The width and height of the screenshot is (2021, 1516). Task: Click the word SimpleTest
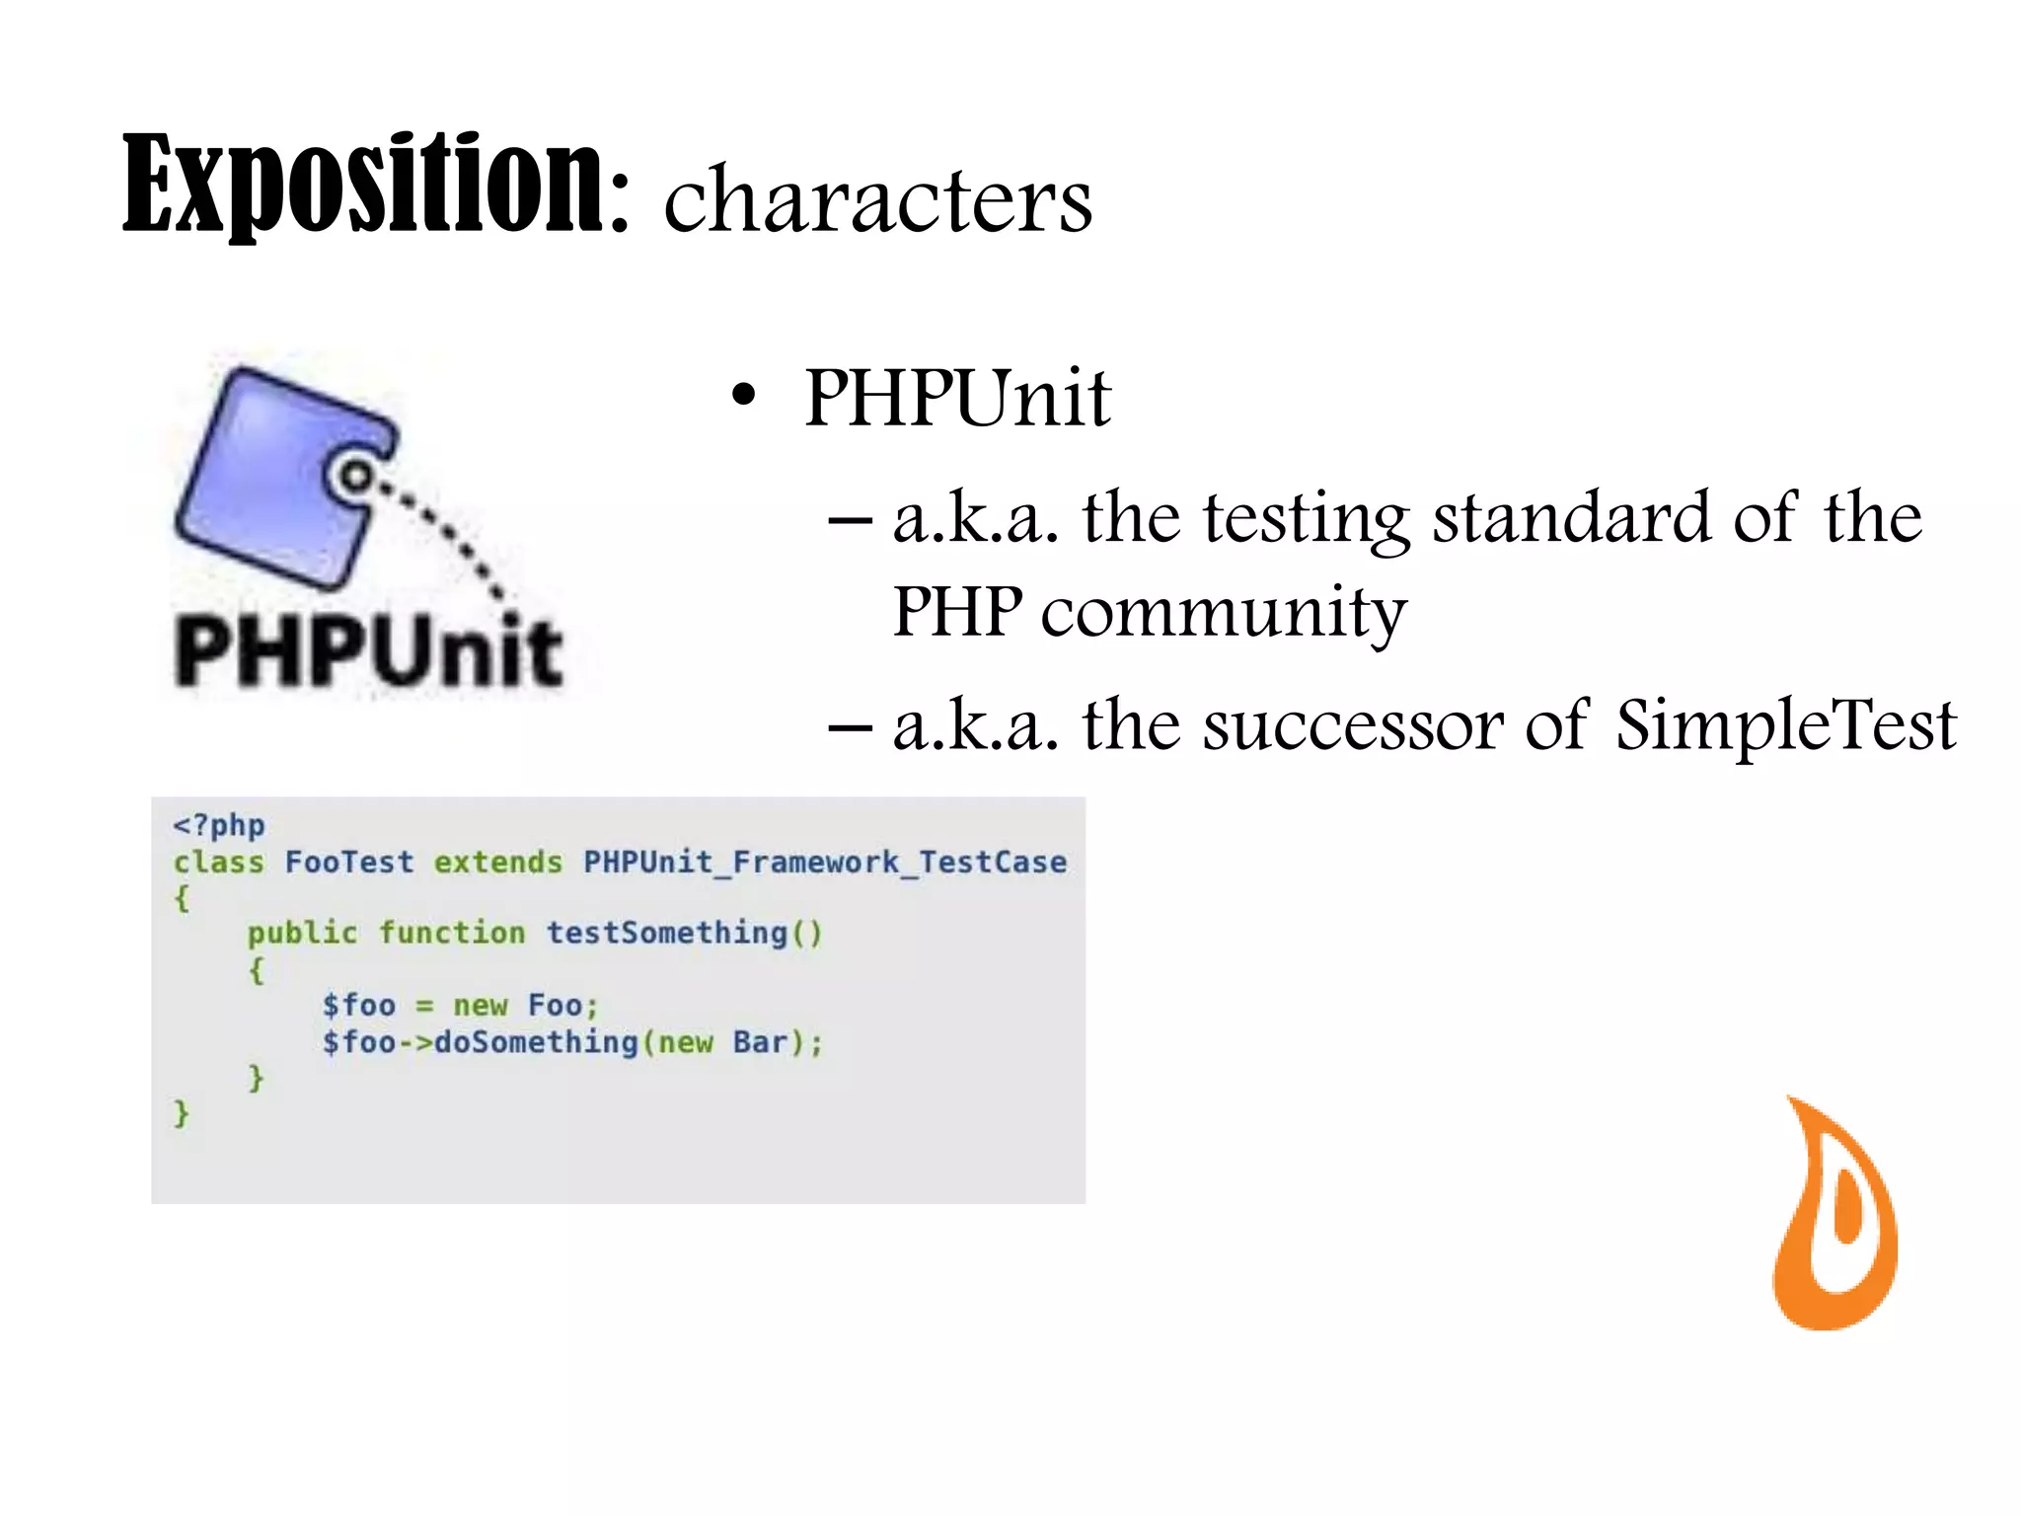point(1785,725)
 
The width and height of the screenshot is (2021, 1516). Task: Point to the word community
point(1224,612)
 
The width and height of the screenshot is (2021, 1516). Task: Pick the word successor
point(1353,725)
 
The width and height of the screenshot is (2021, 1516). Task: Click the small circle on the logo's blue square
point(355,478)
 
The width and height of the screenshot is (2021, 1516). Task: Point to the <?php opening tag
point(219,825)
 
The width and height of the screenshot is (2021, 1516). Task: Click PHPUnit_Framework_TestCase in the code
point(825,863)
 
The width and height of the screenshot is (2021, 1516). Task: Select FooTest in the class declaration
point(349,863)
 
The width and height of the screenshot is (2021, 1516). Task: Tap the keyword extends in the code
point(498,863)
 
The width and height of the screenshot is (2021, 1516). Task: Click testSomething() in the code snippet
point(684,934)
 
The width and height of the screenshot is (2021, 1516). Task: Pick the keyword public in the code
point(302,934)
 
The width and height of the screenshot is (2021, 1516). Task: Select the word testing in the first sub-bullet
point(1307,519)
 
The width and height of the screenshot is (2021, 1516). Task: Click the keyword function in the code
point(452,934)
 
